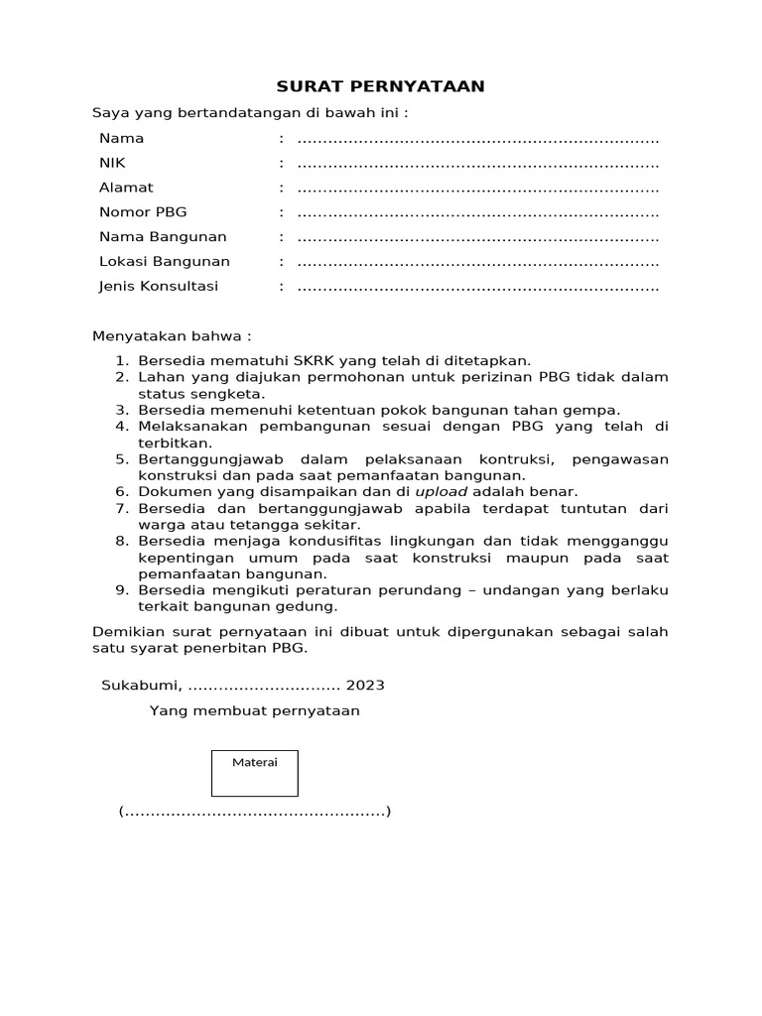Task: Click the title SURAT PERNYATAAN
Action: coord(381,86)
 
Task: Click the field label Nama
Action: coord(121,138)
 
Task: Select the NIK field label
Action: coord(112,163)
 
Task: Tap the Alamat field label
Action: coord(126,188)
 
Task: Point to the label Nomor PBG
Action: coord(143,212)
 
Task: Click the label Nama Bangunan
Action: coord(163,237)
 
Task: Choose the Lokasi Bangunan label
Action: coord(164,262)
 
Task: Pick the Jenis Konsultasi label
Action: coord(159,287)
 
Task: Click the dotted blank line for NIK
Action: coord(478,164)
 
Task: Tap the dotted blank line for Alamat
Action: coord(478,189)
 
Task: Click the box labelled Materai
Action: coord(255,773)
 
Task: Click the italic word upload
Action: coord(442,491)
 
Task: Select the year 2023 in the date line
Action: coord(365,686)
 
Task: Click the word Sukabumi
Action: coord(141,686)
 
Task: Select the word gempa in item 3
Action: coord(598,410)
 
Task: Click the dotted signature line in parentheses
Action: coord(255,813)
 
